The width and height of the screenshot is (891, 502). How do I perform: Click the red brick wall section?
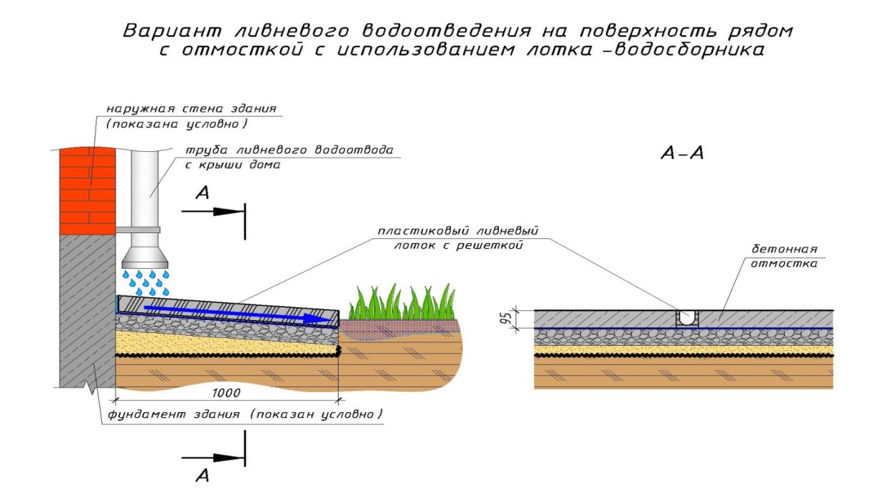88,191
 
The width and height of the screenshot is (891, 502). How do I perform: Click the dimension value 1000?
226,393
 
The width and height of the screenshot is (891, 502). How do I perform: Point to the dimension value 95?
506,319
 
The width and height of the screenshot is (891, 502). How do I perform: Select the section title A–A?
681,153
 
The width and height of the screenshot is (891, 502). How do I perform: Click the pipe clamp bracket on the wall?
138,230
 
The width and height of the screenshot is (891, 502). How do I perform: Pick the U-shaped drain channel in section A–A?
687,318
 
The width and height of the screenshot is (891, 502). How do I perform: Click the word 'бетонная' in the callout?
784,250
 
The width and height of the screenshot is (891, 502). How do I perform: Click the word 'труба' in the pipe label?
207,150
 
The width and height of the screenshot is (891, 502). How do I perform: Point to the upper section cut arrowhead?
228,212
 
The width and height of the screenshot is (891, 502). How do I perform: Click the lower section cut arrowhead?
228,458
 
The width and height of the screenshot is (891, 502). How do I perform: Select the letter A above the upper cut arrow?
202,193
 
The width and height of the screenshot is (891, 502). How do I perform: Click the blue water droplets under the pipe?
145,283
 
